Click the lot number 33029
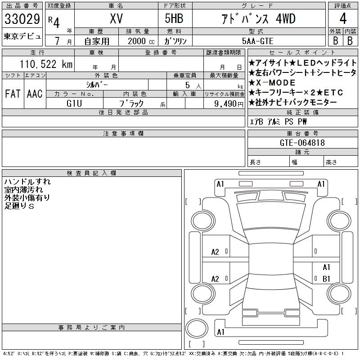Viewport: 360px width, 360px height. (22, 19)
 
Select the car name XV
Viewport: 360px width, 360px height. (116, 18)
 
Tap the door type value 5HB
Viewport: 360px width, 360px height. (174, 18)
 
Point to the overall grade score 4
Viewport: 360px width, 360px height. (343, 18)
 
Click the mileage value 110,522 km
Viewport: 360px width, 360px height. (46, 64)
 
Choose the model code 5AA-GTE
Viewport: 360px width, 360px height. (257, 41)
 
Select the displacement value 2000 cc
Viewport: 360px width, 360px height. (141, 41)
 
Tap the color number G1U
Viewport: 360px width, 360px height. (74, 103)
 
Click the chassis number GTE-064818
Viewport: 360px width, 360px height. (302, 143)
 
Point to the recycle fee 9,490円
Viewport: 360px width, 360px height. (229, 104)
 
